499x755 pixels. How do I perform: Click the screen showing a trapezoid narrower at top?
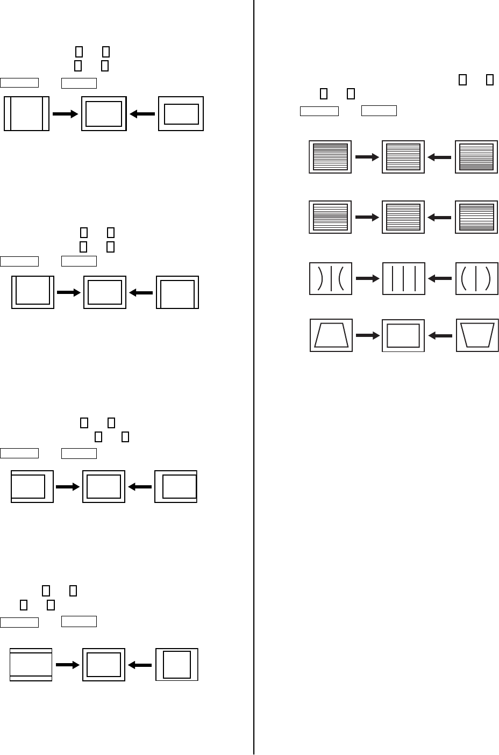331,335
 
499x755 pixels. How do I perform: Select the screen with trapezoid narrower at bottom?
477,335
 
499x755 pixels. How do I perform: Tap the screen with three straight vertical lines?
403,278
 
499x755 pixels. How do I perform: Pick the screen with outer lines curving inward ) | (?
331,278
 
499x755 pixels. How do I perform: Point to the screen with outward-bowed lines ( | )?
476,278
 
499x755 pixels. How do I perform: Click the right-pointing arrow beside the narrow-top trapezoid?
368,335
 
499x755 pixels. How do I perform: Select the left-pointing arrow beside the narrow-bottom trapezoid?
440,335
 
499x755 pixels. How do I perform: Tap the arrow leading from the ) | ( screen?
368,278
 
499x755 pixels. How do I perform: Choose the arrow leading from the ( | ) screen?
440,278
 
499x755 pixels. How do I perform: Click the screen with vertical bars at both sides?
26,113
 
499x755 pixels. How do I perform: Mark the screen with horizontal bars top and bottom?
31,665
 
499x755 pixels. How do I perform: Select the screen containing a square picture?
177,665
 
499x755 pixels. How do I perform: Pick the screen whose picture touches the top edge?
33,292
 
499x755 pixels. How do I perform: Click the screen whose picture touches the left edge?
32,487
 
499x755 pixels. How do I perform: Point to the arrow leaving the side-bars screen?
66,114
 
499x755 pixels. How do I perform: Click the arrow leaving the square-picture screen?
140,665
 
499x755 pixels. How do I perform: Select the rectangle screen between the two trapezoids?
403,335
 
